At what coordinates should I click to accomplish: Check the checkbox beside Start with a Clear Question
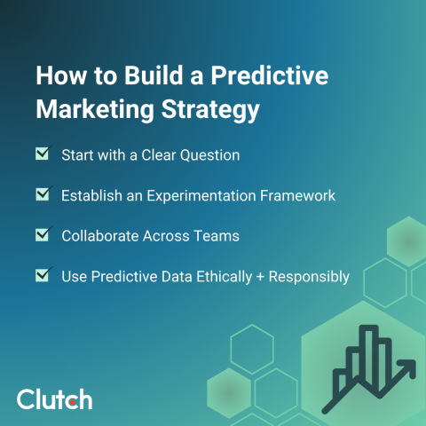click(x=42, y=154)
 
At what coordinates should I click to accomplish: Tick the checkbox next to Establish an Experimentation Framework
click(x=42, y=194)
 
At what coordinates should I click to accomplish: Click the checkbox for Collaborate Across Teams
click(x=42, y=235)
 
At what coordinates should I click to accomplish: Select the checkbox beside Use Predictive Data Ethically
click(x=42, y=275)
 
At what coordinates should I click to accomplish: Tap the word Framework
click(x=298, y=195)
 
